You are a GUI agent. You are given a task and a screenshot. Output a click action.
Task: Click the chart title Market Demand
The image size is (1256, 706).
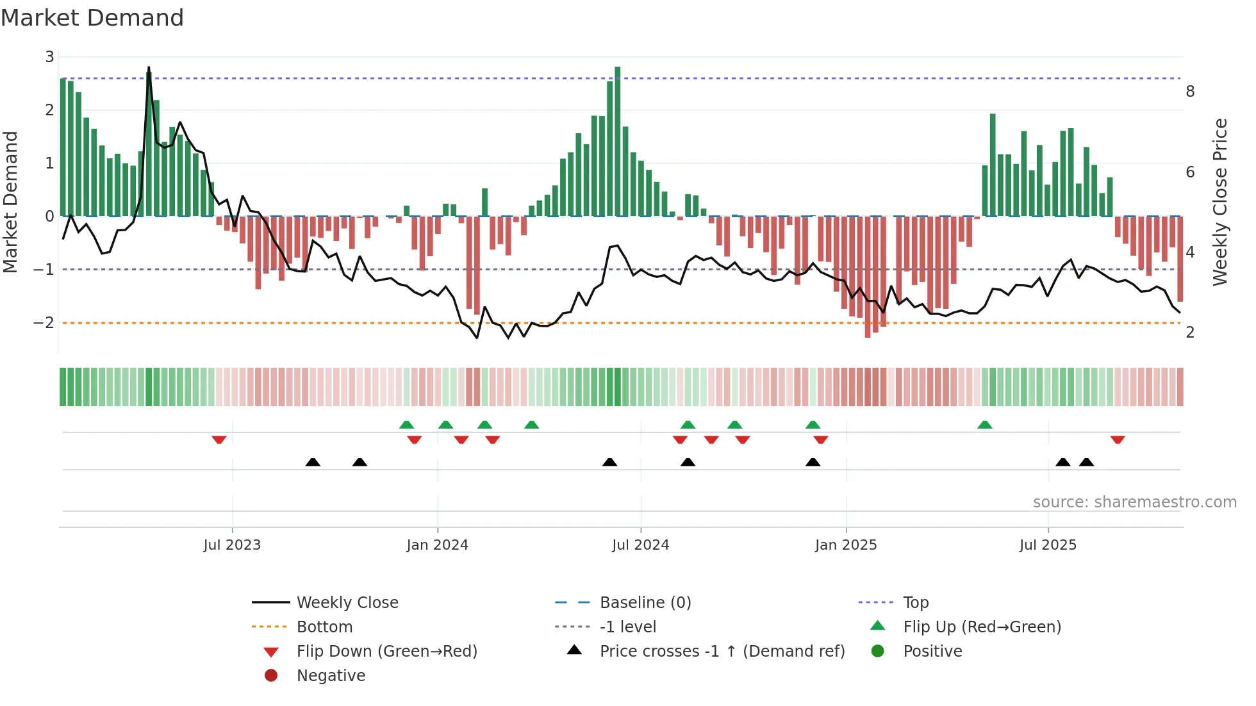(x=92, y=18)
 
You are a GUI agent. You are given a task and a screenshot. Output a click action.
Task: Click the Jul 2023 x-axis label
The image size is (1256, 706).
(x=232, y=545)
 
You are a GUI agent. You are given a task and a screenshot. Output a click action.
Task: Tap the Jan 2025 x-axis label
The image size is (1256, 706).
(x=846, y=545)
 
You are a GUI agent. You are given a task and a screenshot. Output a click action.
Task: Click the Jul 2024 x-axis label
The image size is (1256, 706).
(x=640, y=545)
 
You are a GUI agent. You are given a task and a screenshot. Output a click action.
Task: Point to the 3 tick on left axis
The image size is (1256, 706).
(x=49, y=57)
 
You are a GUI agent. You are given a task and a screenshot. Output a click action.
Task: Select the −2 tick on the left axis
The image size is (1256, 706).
(x=44, y=322)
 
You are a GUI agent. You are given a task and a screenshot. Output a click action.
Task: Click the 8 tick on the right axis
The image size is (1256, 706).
(x=1190, y=92)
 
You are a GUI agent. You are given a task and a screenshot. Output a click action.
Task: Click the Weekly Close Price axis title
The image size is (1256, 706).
(x=1220, y=202)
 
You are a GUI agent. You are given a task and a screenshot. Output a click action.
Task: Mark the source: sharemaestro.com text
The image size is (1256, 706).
(x=1134, y=502)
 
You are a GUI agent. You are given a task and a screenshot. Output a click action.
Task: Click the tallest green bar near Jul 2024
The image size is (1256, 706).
(x=618, y=141)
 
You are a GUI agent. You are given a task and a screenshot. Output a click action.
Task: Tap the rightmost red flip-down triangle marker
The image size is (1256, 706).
(x=1118, y=439)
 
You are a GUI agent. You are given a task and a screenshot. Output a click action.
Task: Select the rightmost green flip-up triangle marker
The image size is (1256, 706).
(x=985, y=425)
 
